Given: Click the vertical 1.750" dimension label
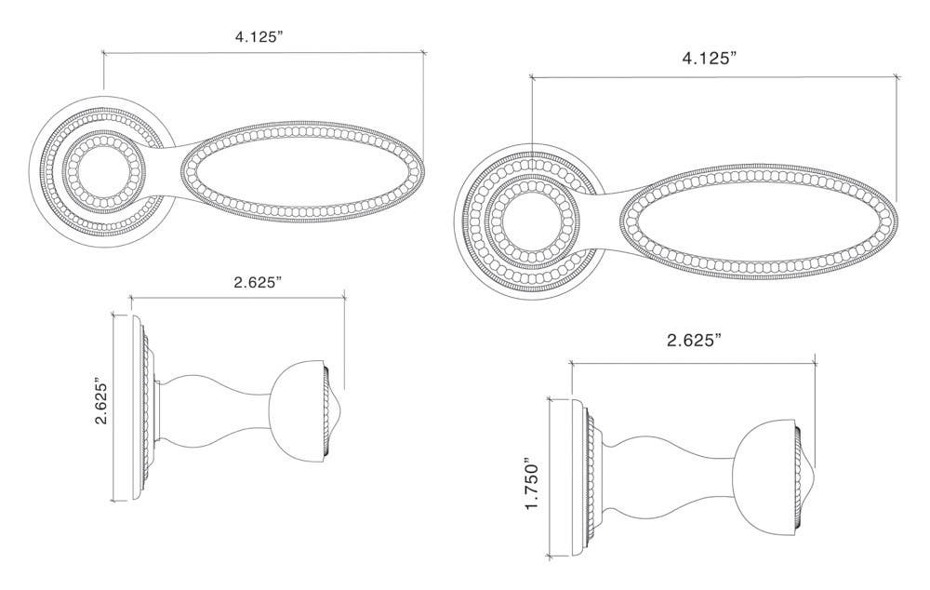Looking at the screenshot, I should pos(532,483).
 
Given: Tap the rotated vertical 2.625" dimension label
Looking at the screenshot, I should pos(103,400).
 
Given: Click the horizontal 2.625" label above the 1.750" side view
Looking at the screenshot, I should pos(694,341).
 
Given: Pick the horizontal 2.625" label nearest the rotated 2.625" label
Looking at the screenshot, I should pos(246,282).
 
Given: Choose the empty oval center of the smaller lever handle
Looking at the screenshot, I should pos(300,173).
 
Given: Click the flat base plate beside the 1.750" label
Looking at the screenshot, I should pos(565,476).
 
